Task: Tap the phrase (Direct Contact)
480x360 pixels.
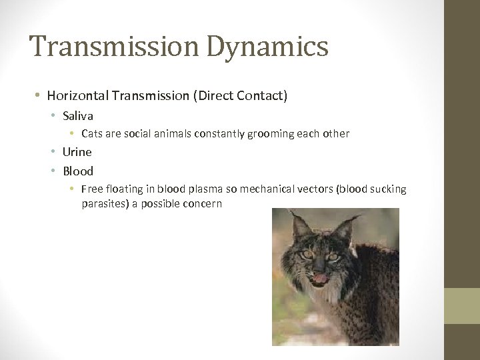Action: coord(241,96)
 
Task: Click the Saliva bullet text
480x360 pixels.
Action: coord(78,115)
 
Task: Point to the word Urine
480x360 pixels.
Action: coord(77,152)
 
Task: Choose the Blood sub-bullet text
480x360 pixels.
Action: coord(78,171)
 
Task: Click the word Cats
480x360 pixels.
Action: coord(92,133)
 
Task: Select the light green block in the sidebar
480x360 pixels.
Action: coord(462,306)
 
